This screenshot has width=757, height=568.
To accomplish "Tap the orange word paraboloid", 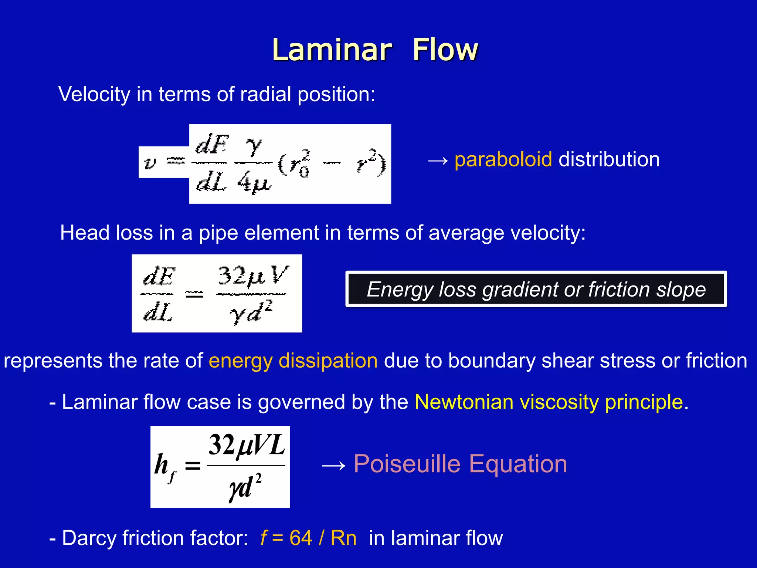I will point(503,159).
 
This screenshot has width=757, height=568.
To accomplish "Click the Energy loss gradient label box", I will point(536,289).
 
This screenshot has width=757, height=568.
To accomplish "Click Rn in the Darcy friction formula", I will point(343,538).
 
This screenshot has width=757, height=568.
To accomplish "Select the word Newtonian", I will point(464,402).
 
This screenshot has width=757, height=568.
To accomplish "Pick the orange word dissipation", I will point(328,361).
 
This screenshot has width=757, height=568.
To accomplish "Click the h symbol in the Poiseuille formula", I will point(162,464).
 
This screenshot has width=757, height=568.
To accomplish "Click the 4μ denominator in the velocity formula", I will point(254,182).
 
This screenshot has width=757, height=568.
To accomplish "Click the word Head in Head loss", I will point(85,233).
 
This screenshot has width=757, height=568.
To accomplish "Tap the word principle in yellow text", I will point(644,402).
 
